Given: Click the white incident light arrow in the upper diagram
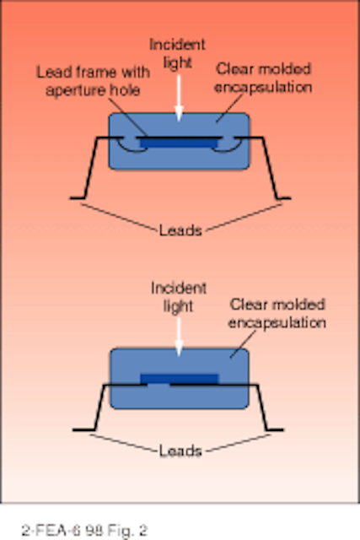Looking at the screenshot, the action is coord(179,98).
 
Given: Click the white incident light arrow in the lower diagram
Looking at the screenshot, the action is coord(179,337).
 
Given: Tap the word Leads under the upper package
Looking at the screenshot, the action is coord(180,230).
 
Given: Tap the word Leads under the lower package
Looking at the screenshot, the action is coord(180,451).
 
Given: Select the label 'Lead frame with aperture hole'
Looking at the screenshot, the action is coord(94,81).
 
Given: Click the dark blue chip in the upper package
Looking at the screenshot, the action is coord(179,143).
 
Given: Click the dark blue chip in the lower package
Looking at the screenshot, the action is coord(179,379).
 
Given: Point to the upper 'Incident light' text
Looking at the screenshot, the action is coord(178,53).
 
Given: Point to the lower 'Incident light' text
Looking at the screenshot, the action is coord(179,297).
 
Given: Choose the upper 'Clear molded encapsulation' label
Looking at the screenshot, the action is coord(263,78).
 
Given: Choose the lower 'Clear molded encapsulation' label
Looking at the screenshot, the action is coord(277,313).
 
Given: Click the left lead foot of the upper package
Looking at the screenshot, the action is coord(78,198).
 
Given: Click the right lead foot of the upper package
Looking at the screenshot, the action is coord(283,198).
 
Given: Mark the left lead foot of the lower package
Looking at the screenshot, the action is coord(83,429).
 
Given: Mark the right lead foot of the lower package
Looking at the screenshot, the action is coord(275,429).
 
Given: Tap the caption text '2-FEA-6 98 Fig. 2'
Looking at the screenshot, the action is coord(84,530).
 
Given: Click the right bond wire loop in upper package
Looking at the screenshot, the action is coord(226,148).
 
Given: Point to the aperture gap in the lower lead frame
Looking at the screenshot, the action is coord(159,385).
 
